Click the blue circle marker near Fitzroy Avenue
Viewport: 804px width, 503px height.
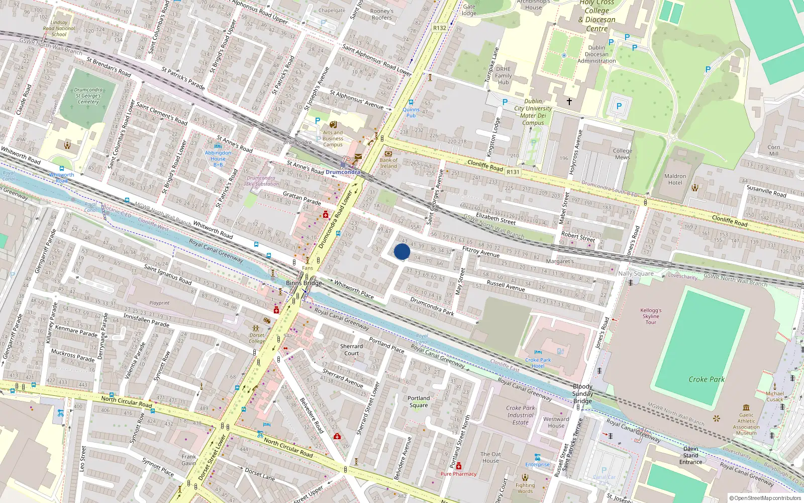coord(402,251)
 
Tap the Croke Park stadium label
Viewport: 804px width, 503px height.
coord(707,379)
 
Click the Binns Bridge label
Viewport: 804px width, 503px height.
coord(304,283)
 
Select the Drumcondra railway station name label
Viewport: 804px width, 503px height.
coord(343,172)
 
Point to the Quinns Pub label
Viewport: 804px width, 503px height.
coord(411,112)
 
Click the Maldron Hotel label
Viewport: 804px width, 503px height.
coord(675,179)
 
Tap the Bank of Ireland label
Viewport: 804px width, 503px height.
coord(388,163)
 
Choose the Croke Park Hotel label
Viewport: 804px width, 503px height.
coord(538,363)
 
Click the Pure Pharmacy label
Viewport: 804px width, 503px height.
coord(458,474)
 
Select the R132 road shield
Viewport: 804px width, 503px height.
coord(440,28)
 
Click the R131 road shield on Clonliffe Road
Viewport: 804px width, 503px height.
coord(513,172)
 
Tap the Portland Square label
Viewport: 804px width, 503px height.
coord(419,401)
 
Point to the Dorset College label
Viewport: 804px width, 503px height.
coord(257,338)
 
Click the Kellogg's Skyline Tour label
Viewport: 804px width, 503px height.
coord(651,316)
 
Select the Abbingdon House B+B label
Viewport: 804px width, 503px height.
coord(218,158)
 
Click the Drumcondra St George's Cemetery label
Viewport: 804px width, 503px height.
coord(88,96)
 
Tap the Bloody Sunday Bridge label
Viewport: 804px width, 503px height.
coord(582,394)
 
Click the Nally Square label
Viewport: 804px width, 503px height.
coord(636,274)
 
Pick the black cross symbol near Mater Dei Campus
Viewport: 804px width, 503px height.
coord(569,101)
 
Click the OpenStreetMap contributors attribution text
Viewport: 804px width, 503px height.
coord(765,498)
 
